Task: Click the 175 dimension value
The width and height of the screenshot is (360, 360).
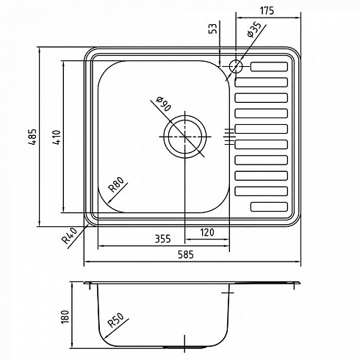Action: pyautogui.click(x=267, y=10)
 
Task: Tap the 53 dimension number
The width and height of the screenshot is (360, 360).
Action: pyautogui.click(x=213, y=29)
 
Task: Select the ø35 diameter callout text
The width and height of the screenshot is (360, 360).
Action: pyautogui.click(x=253, y=29)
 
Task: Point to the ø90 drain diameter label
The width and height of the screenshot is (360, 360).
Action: pyautogui.click(x=164, y=104)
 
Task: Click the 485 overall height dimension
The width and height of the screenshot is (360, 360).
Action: pyautogui.click(x=32, y=137)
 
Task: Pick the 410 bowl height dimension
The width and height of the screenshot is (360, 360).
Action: pyautogui.click(x=57, y=137)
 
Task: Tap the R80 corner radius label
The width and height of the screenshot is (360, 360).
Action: pyautogui.click(x=116, y=184)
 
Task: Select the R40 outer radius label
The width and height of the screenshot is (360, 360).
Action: pyautogui.click(x=70, y=236)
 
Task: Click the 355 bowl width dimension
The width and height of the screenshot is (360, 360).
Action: pyautogui.click(x=163, y=239)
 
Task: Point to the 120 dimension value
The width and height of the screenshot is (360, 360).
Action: pyautogui.click(x=207, y=232)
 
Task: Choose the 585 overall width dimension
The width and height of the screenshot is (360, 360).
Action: pyautogui.click(x=186, y=255)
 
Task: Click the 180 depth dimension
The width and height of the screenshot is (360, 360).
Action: pyautogui.click(x=65, y=317)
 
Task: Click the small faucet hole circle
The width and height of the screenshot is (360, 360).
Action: pyautogui.click(x=236, y=66)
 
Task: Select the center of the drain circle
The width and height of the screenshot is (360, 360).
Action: pyautogui.click(x=184, y=137)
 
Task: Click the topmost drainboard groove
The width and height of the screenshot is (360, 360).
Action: pyautogui.click(x=269, y=67)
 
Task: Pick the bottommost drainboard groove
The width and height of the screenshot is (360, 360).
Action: pyautogui.click(x=269, y=206)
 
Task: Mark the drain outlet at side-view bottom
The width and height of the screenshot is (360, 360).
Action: pyautogui.click(x=184, y=348)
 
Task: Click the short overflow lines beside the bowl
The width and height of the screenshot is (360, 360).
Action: pyautogui.click(x=230, y=137)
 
